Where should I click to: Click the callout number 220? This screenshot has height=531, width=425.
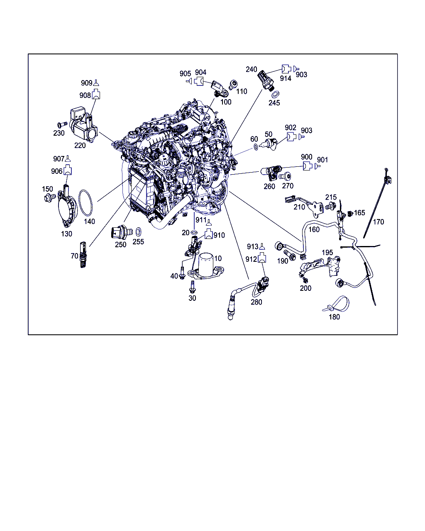click(x=80, y=145)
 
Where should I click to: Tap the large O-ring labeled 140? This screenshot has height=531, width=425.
click(x=79, y=203)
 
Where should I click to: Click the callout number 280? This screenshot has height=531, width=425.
click(x=256, y=302)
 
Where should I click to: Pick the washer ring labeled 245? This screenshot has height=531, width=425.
click(x=275, y=94)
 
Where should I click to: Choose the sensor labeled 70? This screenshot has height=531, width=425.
click(x=83, y=255)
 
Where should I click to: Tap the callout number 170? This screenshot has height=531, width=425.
click(x=379, y=222)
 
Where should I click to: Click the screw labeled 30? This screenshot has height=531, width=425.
click(x=191, y=286)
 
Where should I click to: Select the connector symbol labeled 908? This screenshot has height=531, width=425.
click(x=96, y=94)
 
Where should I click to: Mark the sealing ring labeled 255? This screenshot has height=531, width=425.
click(x=139, y=232)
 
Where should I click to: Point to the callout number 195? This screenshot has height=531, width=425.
click(x=327, y=252)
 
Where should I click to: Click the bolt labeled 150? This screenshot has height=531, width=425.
click(x=50, y=197)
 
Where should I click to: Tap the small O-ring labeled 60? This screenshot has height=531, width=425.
click(x=256, y=147)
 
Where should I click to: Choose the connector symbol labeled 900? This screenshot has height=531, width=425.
click(x=308, y=166)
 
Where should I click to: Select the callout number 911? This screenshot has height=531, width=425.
click(x=201, y=219)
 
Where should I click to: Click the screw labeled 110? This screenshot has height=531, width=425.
click(x=232, y=85)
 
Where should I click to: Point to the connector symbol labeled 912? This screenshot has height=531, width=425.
click(x=262, y=258)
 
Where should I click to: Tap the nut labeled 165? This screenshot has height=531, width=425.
click(x=350, y=213)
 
